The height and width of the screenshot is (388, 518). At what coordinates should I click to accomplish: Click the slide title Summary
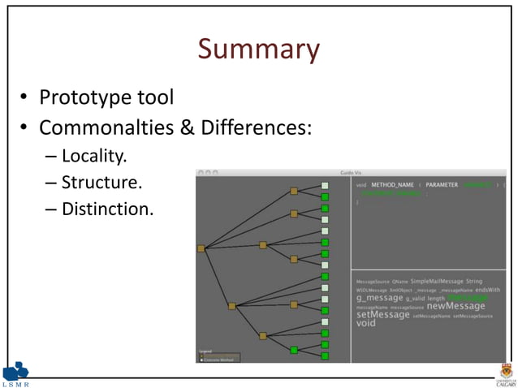(x=258, y=50)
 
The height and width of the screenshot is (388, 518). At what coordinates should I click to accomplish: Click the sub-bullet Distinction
(x=106, y=209)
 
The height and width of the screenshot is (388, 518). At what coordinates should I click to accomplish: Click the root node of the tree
(x=201, y=248)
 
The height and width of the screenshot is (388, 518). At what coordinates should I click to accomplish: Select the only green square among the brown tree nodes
(x=294, y=350)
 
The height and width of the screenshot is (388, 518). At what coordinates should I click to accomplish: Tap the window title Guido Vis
(x=351, y=172)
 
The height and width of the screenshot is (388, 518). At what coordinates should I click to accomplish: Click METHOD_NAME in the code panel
(x=392, y=185)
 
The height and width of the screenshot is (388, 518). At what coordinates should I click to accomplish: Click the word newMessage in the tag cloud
(x=455, y=306)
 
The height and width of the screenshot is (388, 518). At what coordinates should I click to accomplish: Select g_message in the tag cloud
(x=379, y=298)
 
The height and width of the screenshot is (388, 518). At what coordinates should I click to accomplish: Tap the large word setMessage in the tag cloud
(x=382, y=315)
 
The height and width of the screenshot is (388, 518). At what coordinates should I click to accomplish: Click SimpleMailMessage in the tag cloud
(x=436, y=281)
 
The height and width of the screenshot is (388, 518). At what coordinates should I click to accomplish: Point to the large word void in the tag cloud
(x=366, y=324)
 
